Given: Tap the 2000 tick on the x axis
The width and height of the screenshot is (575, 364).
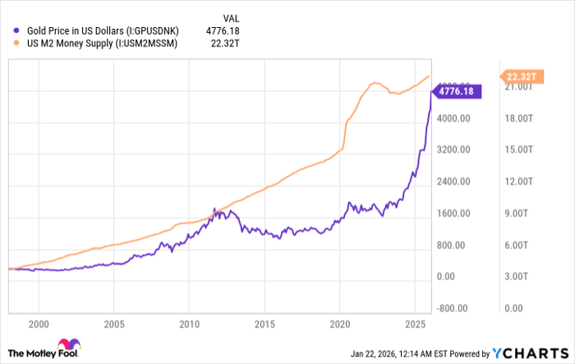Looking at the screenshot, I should pos(39,324).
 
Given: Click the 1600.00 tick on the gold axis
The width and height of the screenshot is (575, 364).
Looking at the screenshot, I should pos(452,214).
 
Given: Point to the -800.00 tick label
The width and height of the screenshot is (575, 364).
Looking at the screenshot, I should pos(452,308).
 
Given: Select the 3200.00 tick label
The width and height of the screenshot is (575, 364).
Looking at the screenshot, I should pos(452,150).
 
